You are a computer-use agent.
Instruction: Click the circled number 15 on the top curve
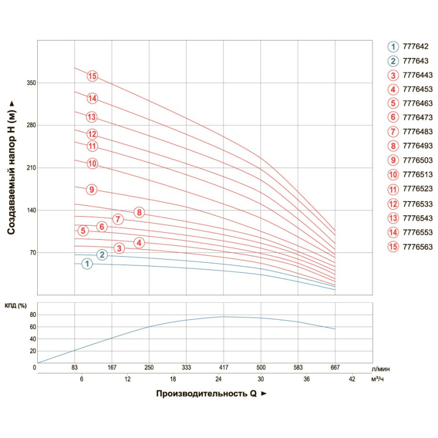(x=92, y=76)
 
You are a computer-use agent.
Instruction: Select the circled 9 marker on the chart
(x=91, y=189)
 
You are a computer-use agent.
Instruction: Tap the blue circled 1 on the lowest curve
(x=87, y=264)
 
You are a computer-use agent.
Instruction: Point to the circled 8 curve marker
(x=139, y=212)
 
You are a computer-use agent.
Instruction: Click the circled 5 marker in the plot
(x=83, y=230)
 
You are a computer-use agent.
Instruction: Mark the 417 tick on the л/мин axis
(x=223, y=367)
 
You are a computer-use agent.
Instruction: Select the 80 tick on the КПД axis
(x=32, y=315)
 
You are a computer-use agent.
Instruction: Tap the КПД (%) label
(x=16, y=306)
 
